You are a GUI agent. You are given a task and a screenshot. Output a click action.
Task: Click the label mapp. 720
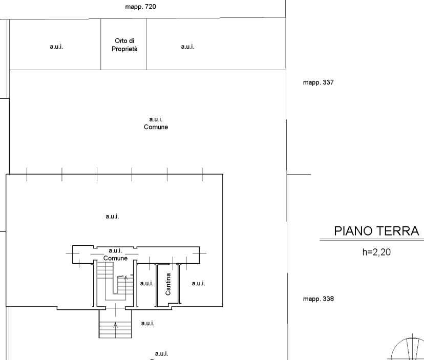(140, 7)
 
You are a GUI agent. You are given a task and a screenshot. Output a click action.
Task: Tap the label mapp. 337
(319, 82)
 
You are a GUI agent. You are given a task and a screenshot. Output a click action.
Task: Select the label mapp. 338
(319, 299)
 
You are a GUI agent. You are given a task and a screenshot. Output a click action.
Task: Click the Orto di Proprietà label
(124, 45)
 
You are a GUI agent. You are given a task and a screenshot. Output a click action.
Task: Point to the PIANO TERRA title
(376, 231)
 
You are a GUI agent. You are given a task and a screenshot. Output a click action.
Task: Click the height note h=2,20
(376, 252)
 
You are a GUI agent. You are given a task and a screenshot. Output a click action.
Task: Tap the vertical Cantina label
(168, 284)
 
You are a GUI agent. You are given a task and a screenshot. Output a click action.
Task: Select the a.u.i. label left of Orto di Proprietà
(56, 47)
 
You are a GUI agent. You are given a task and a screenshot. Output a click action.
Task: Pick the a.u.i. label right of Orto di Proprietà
(187, 47)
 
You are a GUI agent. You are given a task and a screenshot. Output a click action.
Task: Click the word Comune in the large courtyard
(156, 127)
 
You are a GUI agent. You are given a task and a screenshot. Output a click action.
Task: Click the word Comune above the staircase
(115, 258)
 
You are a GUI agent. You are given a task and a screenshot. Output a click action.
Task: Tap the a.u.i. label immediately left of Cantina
(146, 284)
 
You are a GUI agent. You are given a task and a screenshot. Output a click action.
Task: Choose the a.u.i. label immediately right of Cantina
(199, 284)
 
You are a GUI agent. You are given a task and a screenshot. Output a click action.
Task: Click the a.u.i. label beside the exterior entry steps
(147, 323)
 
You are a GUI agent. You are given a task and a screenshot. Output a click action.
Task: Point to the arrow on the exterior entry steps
(115, 329)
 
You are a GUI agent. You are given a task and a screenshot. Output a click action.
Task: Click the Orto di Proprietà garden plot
(123, 44)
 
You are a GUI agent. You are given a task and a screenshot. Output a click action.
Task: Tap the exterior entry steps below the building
(115, 324)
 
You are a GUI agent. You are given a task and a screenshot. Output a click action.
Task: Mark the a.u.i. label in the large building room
(112, 217)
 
